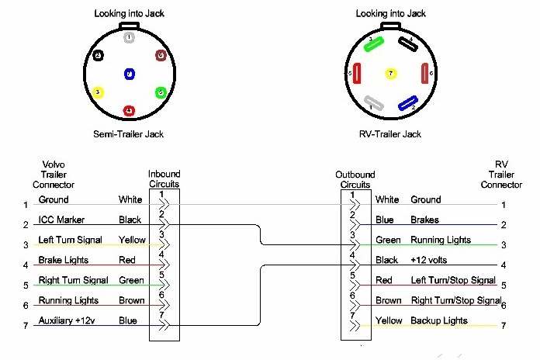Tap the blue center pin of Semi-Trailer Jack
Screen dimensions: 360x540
[x=130, y=74]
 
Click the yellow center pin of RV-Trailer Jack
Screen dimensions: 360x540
[x=391, y=74]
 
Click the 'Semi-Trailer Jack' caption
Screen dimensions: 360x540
[x=130, y=134]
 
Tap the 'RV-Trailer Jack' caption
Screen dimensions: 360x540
[x=391, y=134]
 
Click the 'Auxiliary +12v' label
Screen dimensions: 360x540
[x=66, y=320]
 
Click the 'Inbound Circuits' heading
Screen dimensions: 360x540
[x=164, y=179]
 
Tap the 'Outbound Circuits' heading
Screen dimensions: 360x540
[x=355, y=179]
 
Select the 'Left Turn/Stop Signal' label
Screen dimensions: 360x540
[x=452, y=280]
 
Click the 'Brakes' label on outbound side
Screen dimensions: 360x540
[x=424, y=220]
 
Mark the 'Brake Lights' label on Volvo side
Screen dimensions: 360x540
[x=62, y=260]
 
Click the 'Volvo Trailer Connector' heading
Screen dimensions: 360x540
[x=54, y=175]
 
